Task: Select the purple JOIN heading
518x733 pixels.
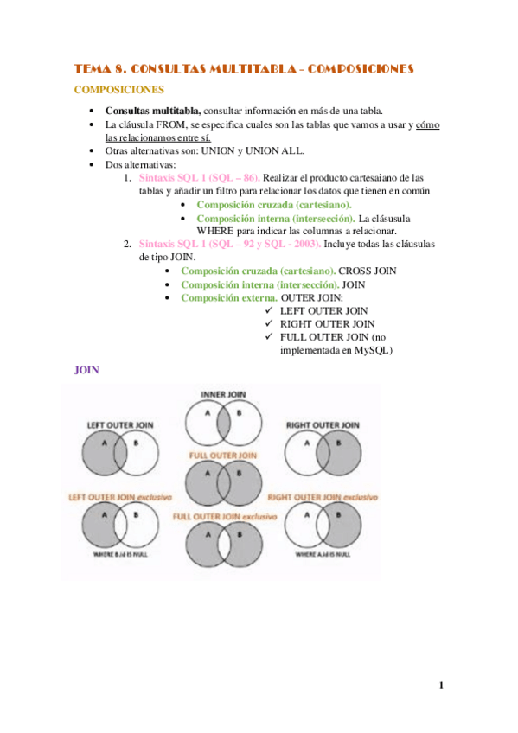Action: (x=87, y=370)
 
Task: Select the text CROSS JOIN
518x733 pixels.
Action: (x=368, y=271)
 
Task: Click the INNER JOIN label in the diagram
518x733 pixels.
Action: (x=224, y=394)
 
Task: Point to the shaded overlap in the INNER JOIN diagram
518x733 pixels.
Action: (x=223, y=420)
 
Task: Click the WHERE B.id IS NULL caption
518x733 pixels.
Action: (x=120, y=553)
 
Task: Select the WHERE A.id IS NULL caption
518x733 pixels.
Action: (x=323, y=553)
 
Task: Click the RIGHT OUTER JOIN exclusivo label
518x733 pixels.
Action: (x=323, y=497)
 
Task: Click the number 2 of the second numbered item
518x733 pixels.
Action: (x=127, y=244)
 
